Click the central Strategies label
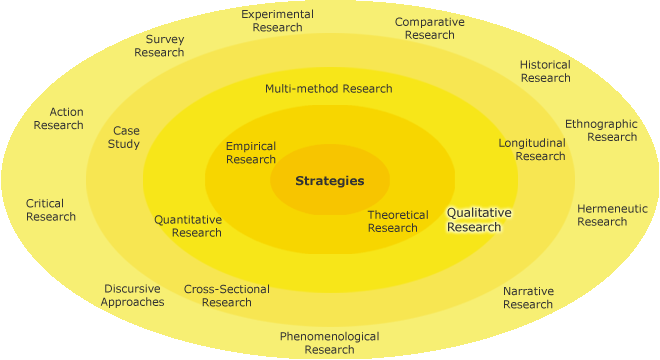(x=329, y=181)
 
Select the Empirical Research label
(x=251, y=153)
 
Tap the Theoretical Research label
(x=397, y=221)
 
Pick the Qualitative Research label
(x=478, y=220)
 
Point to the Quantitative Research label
(x=188, y=226)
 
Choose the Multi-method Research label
(x=328, y=88)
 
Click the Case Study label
(x=125, y=137)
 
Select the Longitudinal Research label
(x=532, y=149)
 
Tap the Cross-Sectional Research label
(x=226, y=296)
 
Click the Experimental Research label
(x=277, y=21)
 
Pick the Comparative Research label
(x=430, y=28)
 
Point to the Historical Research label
(x=545, y=71)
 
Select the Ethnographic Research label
(x=600, y=130)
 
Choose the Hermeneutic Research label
(x=611, y=215)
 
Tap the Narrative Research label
(x=528, y=298)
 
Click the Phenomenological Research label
(x=329, y=343)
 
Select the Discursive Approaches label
(x=132, y=295)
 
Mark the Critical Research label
(x=51, y=210)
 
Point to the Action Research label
(x=58, y=118)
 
